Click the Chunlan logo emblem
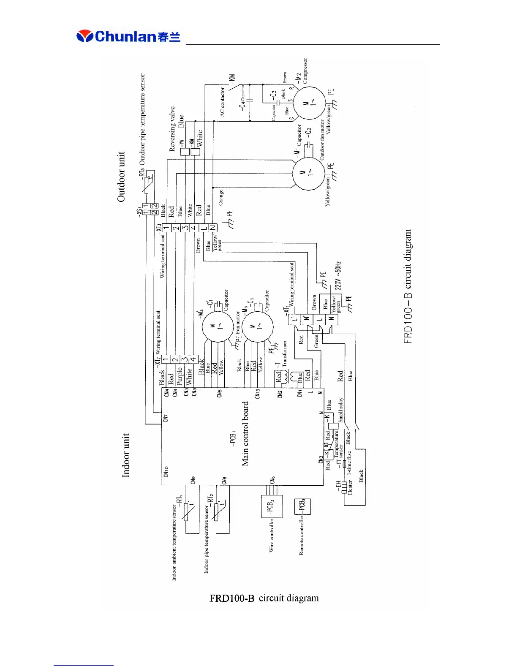click(85, 36)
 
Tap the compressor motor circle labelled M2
click(309, 103)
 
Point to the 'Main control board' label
click(245, 433)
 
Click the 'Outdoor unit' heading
click(121, 177)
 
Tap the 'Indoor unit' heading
click(126, 455)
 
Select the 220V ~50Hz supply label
click(338, 275)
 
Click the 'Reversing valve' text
click(172, 129)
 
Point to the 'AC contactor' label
click(223, 102)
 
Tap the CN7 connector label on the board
click(166, 417)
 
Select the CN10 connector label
click(166, 471)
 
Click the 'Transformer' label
click(285, 354)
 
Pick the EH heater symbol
click(345, 488)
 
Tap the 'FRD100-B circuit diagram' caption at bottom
click(264, 598)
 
